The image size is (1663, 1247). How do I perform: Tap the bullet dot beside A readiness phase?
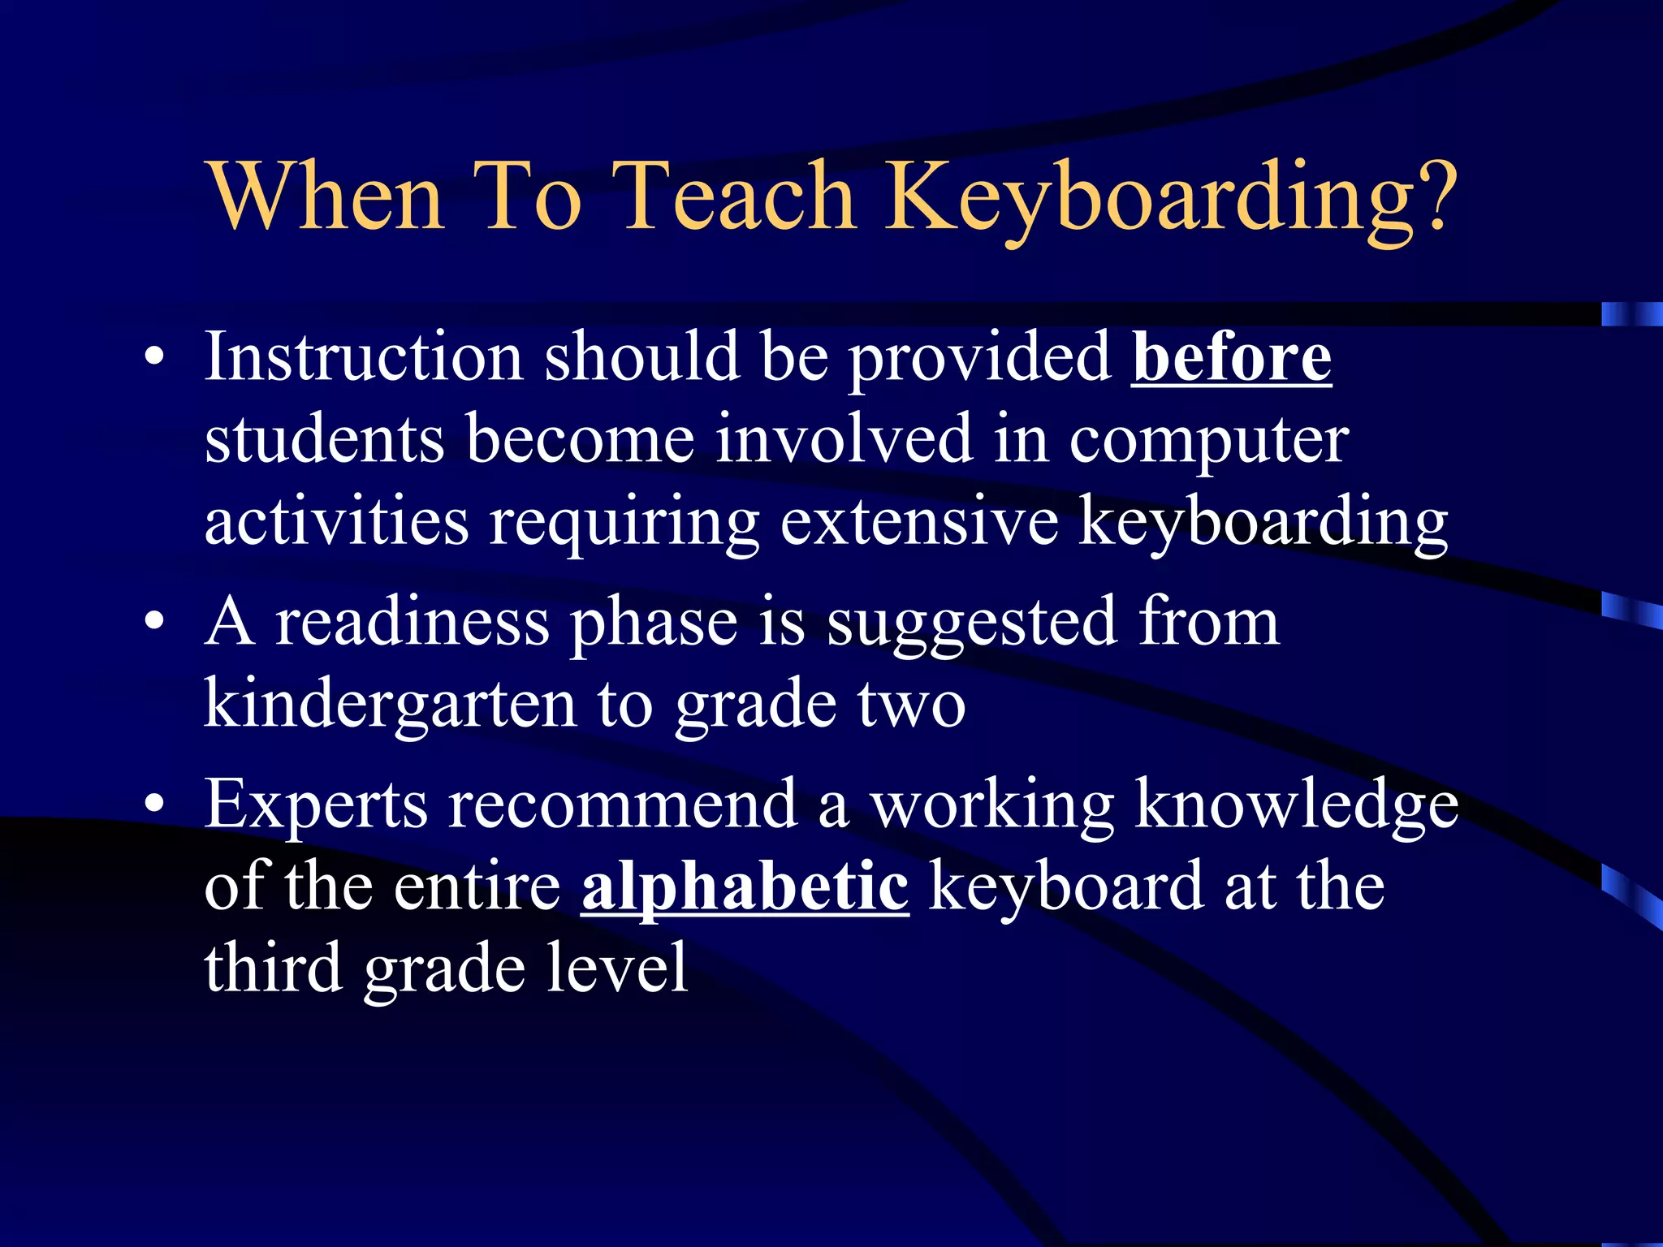coord(154,623)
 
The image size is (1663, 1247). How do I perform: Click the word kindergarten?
coord(390,703)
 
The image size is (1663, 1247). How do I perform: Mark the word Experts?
coord(316,806)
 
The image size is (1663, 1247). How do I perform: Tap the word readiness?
coord(413,623)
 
